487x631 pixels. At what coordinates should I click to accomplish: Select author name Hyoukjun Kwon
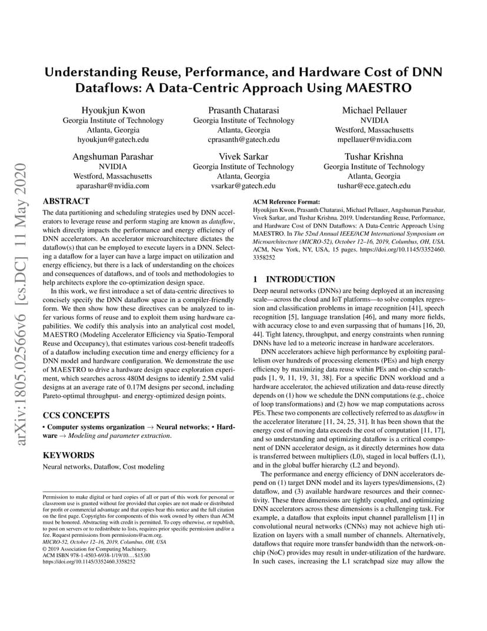(x=113, y=111)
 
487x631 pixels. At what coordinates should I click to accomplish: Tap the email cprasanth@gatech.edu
(x=243, y=140)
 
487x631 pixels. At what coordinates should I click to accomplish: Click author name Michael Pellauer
(x=374, y=111)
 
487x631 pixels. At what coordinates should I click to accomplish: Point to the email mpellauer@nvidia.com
(x=374, y=140)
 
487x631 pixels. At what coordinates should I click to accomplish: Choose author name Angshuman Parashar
(x=113, y=157)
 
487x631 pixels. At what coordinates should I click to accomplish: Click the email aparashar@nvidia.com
(x=113, y=185)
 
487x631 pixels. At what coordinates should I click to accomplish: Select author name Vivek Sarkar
(x=243, y=157)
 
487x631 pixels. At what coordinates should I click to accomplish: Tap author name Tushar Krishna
(x=374, y=157)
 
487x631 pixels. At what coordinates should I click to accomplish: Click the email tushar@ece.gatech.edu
(x=374, y=185)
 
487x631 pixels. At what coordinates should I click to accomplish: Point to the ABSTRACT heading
(x=66, y=201)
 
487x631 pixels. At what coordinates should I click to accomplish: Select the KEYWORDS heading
(x=68, y=455)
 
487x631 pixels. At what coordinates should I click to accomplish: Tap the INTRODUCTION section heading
(x=301, y=279)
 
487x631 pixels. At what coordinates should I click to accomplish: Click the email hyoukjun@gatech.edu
(x=113, y=140)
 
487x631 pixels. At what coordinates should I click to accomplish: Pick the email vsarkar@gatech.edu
(x=243, y=185)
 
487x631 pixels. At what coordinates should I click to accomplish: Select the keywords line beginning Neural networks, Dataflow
(x=104, y=467)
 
